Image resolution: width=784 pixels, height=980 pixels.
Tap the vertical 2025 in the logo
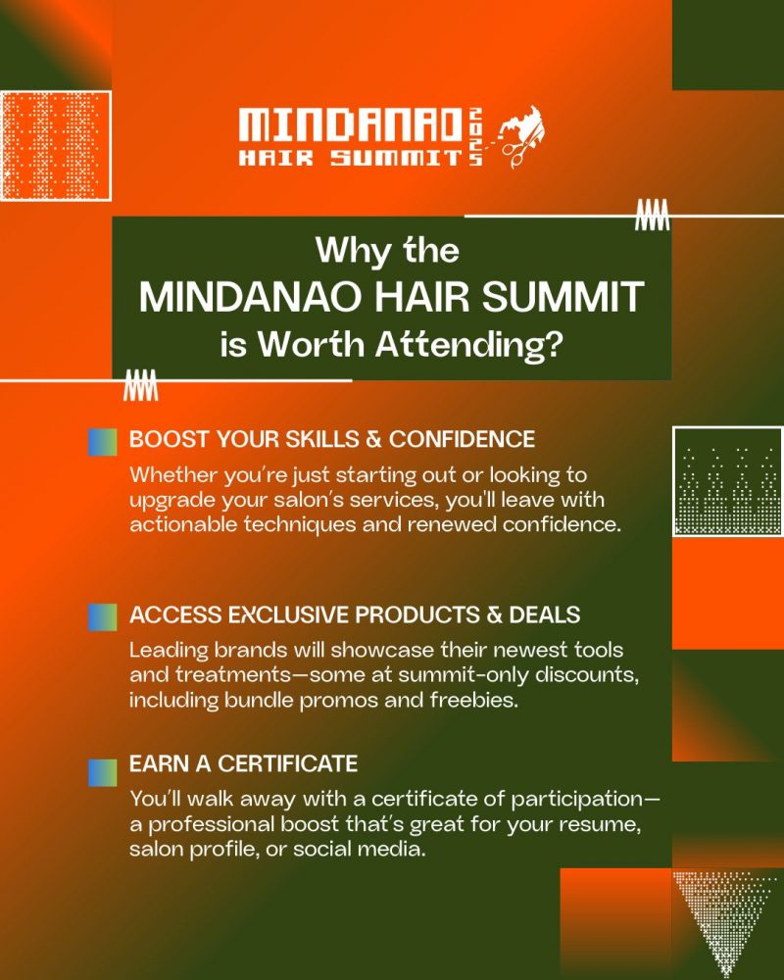point(475,137)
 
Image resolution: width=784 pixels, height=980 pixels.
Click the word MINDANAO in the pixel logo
point(350,125)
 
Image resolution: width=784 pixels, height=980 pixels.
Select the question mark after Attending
point(554,344)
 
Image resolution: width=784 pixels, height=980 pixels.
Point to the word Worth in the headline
point(312,344)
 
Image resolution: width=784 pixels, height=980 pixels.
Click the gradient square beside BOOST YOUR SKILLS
point(103,442)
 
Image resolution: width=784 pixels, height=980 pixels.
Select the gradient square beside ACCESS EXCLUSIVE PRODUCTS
point(103,616)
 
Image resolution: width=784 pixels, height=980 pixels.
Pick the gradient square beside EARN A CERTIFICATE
point(103,772)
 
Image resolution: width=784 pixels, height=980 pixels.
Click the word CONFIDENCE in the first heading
point(462,439)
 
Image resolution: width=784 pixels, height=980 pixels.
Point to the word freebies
point(474,700)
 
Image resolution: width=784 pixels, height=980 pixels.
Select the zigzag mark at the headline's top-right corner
point(652,215)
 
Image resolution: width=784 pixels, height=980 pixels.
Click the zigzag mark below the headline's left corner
point(141,384)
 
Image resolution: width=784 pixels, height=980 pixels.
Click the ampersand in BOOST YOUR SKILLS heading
point(373,439)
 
